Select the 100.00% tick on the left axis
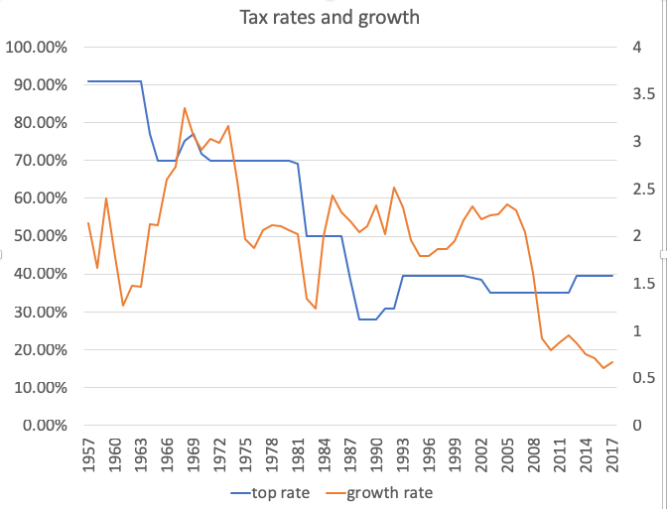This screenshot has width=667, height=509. tap(38, 48)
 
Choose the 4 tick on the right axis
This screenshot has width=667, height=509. tap(630, 48)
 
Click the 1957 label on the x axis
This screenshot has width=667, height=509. tap(88, 454)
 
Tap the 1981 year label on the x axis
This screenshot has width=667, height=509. tap(300, 454)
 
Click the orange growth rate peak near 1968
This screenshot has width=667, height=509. tap(185, 108)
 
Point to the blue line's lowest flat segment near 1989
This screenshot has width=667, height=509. tap(367, 319)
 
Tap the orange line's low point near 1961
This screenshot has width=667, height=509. tap(123, 306)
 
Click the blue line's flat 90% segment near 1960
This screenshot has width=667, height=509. tap(114, 81)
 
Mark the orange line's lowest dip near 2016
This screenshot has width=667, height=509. tap(603, 368)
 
